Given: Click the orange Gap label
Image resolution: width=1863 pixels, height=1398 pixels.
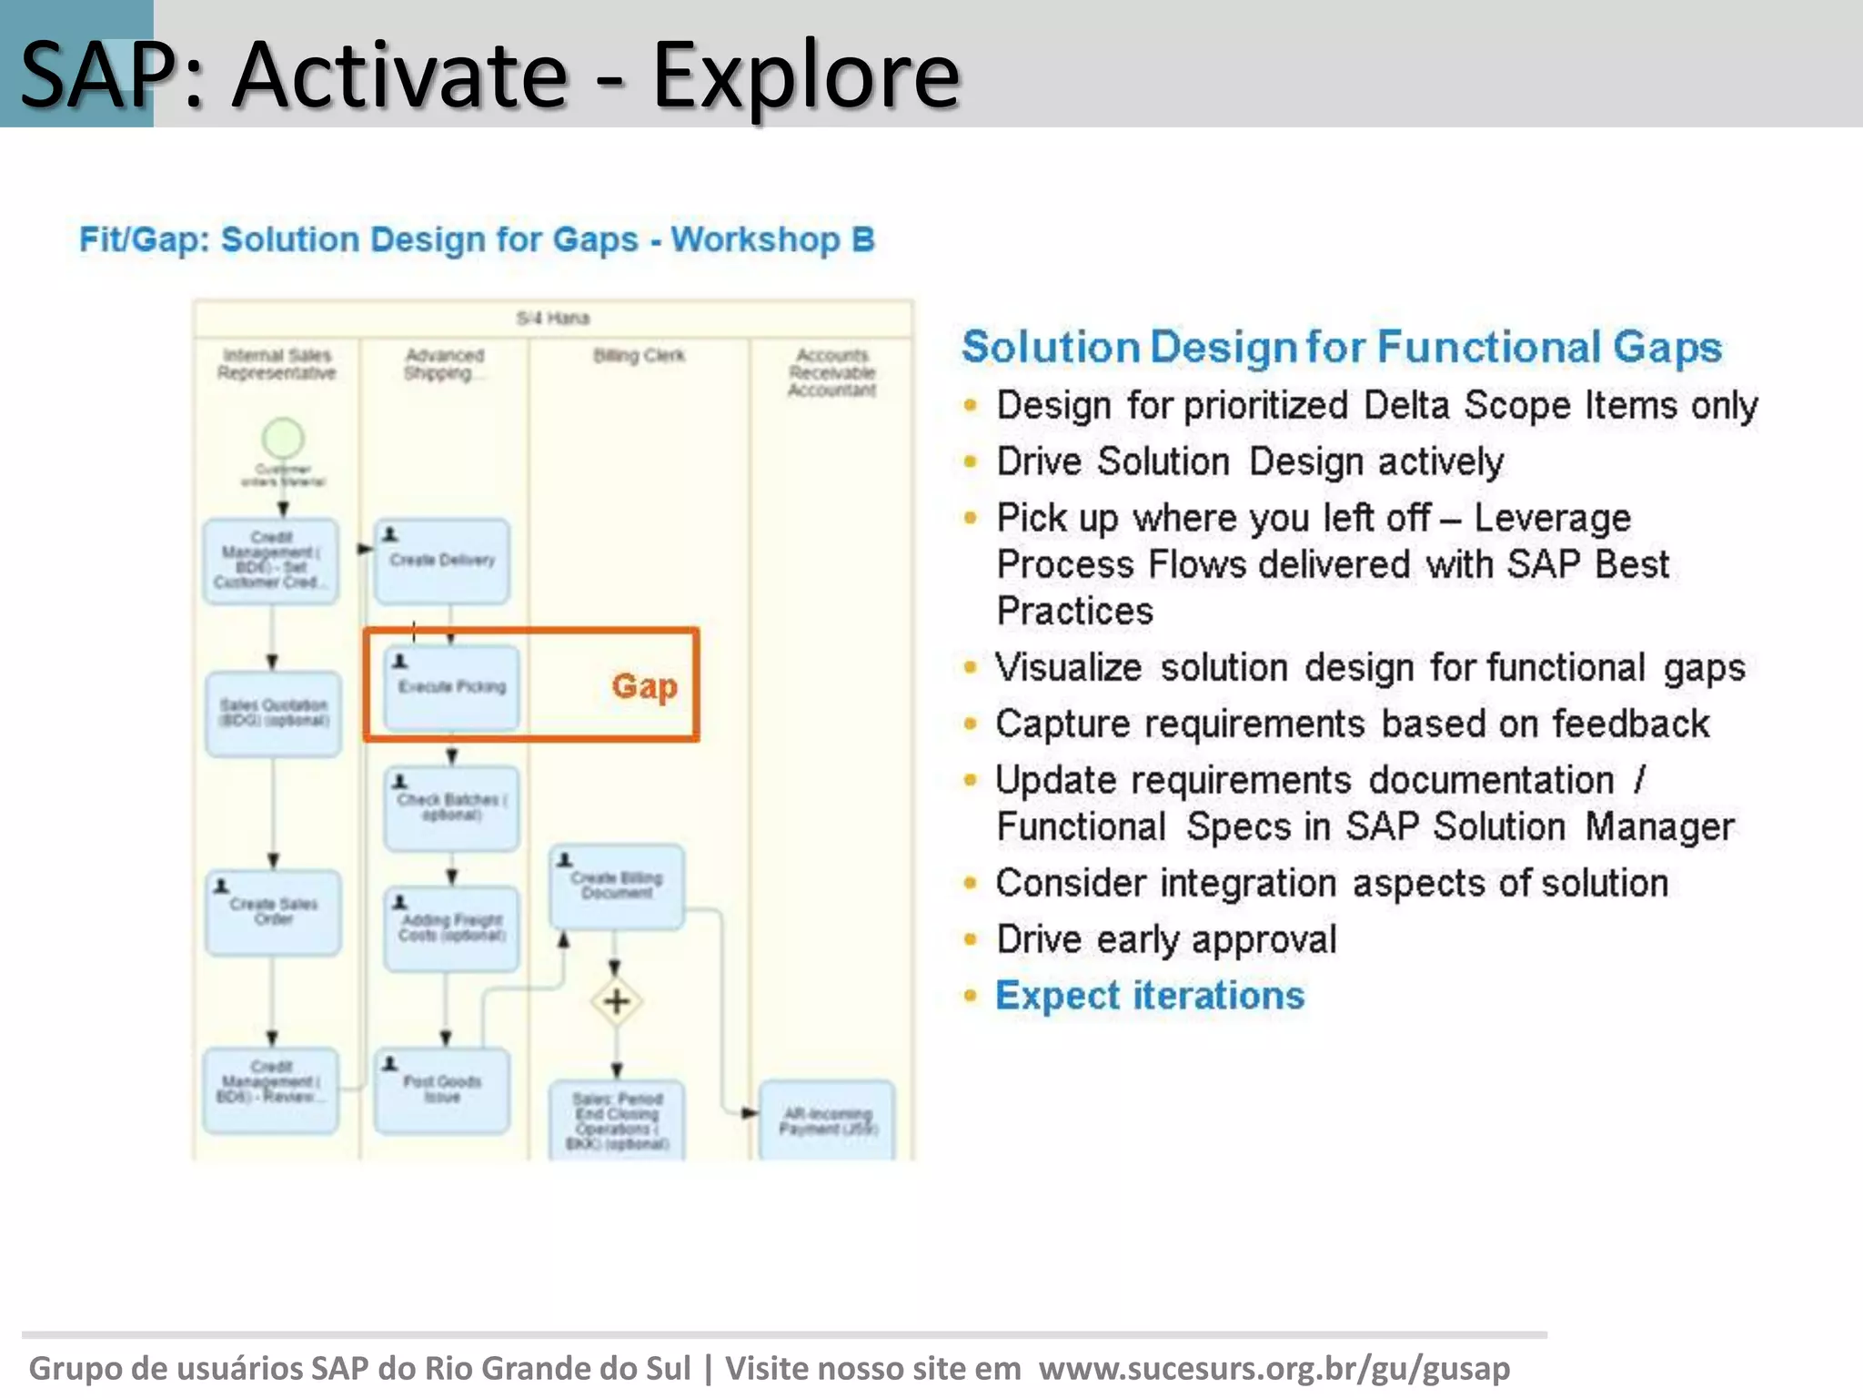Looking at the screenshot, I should [644, 686].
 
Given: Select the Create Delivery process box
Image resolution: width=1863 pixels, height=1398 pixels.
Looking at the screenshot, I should [442, 561].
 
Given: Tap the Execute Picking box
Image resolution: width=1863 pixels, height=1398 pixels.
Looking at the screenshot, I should [451, 687].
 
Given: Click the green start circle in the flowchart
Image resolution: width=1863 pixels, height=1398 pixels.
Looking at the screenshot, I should [283, 438].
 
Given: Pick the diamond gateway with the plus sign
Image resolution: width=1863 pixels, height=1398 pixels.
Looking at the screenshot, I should [617, 1001].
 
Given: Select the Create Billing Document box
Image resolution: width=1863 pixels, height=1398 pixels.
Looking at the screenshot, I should [617, 886].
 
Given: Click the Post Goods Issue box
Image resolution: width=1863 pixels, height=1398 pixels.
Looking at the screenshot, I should [442, 1089].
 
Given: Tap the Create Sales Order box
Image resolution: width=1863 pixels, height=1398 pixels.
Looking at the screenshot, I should [273, 911].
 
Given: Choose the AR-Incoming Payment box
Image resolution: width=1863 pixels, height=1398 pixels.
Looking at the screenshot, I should [827, 1119].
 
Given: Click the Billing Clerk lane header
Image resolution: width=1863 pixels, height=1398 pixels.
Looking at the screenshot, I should [639, 355].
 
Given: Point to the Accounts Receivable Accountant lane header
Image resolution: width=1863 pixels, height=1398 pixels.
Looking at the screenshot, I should [831, 372].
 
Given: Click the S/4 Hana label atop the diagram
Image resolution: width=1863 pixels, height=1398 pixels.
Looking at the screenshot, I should [553, 318].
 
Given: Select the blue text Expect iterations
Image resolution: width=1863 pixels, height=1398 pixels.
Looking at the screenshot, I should [1150, 995].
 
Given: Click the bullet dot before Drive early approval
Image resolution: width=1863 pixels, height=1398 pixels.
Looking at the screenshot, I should [971, 939].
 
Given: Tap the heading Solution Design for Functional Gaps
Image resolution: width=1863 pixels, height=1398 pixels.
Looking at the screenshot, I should [1342, 347].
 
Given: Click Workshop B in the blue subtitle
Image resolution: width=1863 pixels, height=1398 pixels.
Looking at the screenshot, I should [772, 239].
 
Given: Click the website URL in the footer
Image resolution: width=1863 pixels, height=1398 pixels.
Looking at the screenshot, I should [1274, 1368].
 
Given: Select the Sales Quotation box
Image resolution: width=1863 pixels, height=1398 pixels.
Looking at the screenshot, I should [273, 713].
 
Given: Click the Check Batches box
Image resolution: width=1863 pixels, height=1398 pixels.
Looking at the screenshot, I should [451, 807].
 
